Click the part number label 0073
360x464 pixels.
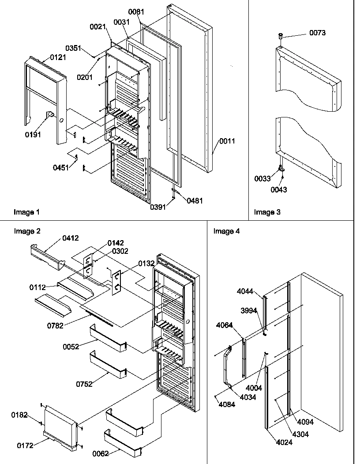[317, 33]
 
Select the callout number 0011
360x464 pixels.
[226, 141]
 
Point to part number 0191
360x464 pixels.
[33, 135]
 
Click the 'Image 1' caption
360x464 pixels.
[26, 212]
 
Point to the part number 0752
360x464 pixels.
[84, 384]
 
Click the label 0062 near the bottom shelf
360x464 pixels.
[101, 453]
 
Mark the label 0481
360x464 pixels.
[195, 200]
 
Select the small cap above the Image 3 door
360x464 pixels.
[280, 35]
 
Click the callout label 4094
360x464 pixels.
[305, 422]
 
